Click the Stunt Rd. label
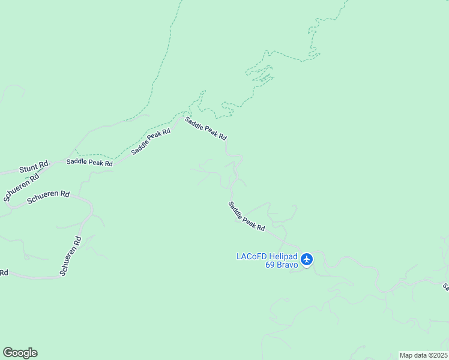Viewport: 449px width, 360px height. pos(34,166)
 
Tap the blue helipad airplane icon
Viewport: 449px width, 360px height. pos(307,259)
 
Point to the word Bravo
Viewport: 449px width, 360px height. pos(286,265)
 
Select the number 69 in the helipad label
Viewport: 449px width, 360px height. pos(270,265)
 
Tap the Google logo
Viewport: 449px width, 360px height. pos(20,353)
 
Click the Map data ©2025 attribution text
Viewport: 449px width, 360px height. pos(423,355)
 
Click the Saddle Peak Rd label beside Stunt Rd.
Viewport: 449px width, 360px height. pos(89,162)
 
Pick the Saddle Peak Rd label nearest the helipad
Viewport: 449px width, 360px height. pos(246,216)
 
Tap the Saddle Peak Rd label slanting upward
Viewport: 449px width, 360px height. pos(151,142)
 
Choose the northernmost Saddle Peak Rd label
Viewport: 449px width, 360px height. pos(205,128)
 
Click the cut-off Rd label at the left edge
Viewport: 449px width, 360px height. pos(4,272)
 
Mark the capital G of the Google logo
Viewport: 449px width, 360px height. pos(8,352)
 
